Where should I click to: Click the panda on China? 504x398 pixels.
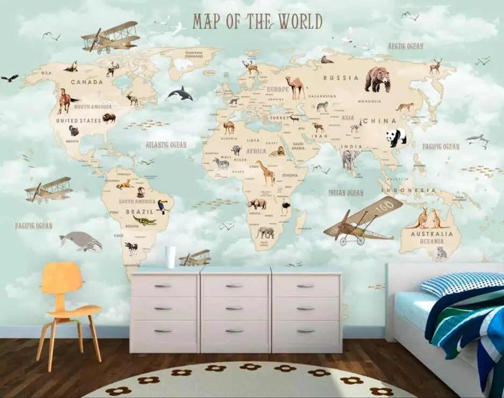(x=395, y=138)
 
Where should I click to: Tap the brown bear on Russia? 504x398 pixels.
(x=377, y=79)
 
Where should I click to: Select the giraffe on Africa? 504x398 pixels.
(x=265, y=172)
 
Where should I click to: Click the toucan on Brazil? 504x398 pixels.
(x=162, y=207)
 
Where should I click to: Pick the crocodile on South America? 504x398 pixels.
(x=145, y=220)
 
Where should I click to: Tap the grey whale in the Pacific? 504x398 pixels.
(x=81, y=240)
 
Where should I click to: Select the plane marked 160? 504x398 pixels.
(x=364, y=221)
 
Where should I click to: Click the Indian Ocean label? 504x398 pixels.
(x=346, y=193)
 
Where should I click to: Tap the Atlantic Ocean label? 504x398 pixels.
(x=166, y=145)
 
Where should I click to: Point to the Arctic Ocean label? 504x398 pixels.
(x=405, y=46)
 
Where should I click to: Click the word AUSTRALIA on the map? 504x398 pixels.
(x=428, y=234)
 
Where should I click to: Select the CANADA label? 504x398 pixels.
(x=87, y=82)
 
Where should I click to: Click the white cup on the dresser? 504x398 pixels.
(x=170, y=257)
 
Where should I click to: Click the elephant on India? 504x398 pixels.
(x=350, y=159)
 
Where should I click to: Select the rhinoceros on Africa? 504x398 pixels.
(x=257, y=204)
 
